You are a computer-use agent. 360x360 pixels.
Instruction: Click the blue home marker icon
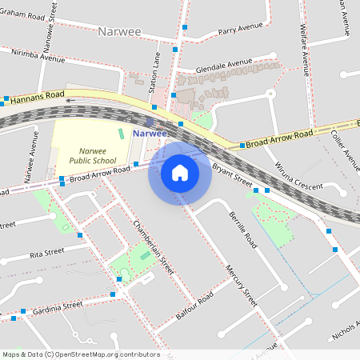point(180,172)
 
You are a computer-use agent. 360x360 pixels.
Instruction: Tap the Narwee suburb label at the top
point(119,32)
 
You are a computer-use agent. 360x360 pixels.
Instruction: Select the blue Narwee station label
point(150,133)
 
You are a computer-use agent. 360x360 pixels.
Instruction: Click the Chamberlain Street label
point(153,247)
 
